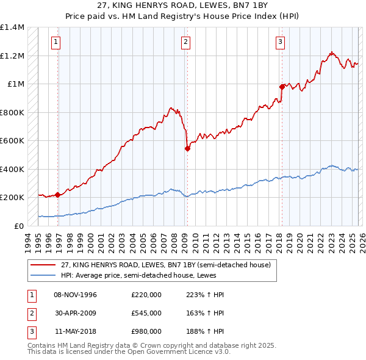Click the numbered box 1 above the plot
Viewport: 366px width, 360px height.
click(x=56, y=42)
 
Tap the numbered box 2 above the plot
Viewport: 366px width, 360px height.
click(x=185, y=42)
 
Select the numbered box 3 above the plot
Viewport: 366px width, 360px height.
click(x=280, y=42)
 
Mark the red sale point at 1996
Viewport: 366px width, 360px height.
click(x=57, y=195)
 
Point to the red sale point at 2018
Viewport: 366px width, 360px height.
click(x=282, y=87)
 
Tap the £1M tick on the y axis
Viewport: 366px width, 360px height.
click(x=16, y=84)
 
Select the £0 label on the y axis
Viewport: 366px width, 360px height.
click(x=20, y=226)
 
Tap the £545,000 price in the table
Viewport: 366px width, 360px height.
click(x=146, y=313)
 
